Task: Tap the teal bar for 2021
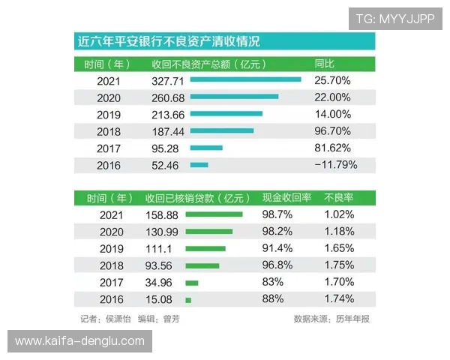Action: pyautogui.click(x=245, y=79)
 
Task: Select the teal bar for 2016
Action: pyautogui.click(x=199, y=165)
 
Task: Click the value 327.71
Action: pyautogui.click(x=167, y=79)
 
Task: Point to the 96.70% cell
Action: pyautogui.click(x=333, y=130)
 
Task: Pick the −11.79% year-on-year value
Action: pyautogui.click(x=335, y=165)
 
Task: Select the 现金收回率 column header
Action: pyautogui.click(x=286, y=199)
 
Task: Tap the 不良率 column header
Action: pyautogui.click(x=338, y=199)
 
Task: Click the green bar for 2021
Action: pyautogui.click(x=214, y=214)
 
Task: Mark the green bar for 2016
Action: pyautogui.click(x=188, y=300)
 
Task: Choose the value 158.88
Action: pyautogui.click(x=161, y=214)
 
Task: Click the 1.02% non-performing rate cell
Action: pyautogui.click(x=339, y=214)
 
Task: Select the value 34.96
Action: pyautogui.click(x=161, y=283)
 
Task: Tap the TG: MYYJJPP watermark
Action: pyautogui.click(x=395, y=18)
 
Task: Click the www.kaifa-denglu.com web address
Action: pyautogui.click(x=80, y=341)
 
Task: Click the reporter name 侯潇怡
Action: pyautogui.click(x=118, y=318)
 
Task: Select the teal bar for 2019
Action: pyautogui.click(x=226, y=114)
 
